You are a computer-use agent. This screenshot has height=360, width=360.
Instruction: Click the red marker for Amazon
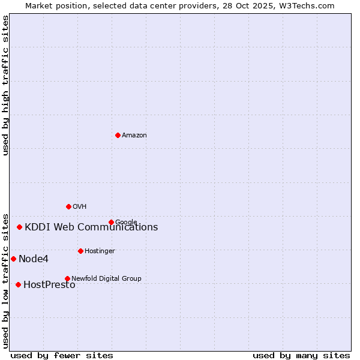(118, 135)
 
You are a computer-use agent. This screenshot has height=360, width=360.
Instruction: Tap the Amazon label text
(134, 136)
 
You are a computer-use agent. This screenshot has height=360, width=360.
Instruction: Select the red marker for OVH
(68, 206)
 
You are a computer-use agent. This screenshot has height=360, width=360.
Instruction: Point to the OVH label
(80, 207)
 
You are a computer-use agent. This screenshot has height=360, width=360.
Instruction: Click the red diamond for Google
(111, 222)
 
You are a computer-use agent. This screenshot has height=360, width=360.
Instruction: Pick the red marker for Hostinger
(80, 251)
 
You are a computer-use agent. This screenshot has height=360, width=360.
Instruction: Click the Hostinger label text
(100, 251)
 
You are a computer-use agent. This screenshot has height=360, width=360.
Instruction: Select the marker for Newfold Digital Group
(67, 278)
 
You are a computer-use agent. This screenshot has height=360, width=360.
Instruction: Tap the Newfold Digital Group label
(106, 278)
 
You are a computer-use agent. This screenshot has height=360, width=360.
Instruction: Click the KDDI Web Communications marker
(19, 227)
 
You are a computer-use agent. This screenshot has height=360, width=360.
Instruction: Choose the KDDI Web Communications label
(91, 227)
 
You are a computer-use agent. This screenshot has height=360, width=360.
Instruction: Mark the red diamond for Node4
(13, 259)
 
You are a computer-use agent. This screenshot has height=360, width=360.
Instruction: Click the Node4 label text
(34, 259)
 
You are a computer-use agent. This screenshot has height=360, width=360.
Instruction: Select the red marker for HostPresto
(18, 284)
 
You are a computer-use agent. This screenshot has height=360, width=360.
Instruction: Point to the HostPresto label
(49, 285)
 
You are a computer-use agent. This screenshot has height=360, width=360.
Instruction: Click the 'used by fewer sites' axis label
(62, 355)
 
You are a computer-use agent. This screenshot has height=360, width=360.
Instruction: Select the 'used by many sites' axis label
(301, 355)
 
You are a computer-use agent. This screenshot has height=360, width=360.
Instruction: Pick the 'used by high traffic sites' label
(5, 85)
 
